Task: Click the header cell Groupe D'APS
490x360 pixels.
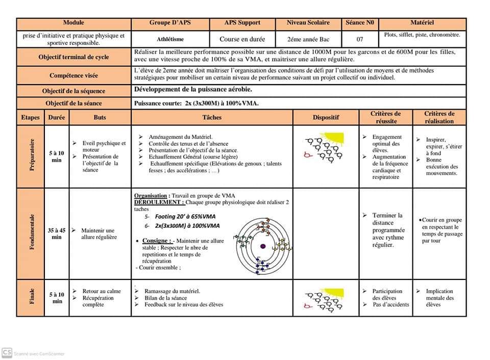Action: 170,23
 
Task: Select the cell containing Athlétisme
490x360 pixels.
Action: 170,39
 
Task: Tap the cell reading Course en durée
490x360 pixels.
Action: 242,39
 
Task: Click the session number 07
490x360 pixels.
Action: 359,39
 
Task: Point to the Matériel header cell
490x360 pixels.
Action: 422,23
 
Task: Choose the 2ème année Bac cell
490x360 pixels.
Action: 308,39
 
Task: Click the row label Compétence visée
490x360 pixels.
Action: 73,75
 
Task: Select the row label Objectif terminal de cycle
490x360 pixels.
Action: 73,57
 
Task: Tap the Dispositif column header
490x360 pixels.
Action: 326,117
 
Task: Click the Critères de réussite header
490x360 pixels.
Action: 385,117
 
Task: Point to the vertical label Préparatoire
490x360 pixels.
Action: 31,155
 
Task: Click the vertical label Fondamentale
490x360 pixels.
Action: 31,233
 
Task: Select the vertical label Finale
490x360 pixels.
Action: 31,297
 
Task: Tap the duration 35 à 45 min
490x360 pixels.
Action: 57,234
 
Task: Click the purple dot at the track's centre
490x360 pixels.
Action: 262,246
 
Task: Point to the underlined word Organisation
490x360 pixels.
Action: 151,196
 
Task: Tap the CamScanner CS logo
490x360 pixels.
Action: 7,353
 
